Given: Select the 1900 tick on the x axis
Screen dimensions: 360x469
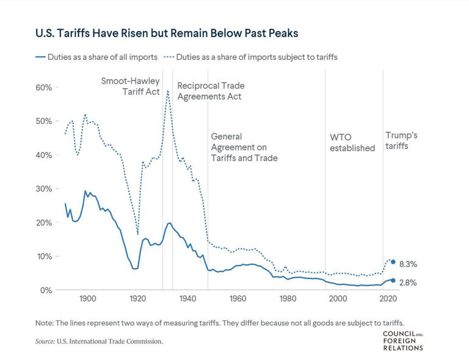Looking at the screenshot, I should (x=87, y=298).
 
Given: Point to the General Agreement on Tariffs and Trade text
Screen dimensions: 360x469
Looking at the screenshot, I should (x=244, y=147).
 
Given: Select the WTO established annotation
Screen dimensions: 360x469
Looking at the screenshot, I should (x=352, y=142).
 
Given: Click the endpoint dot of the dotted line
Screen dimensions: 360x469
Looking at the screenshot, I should (x=393, y=262).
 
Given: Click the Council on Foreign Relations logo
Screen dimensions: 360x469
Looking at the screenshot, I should (x=402, y=340).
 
